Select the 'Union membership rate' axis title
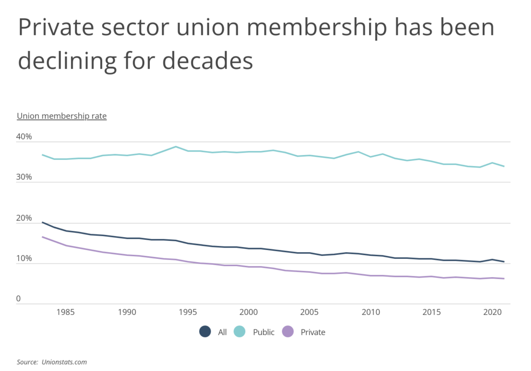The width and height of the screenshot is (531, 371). pyautogui.click(x=62, y=116)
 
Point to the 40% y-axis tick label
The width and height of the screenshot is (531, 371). pyautogui.click(x=24, y=137)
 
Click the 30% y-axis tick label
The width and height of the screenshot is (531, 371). pyautogui.click(x=24, y=177)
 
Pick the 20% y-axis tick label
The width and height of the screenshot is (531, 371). pyautogui.click(x=24, y=218)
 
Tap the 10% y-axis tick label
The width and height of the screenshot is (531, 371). pyautogui.click(x=24, y=258)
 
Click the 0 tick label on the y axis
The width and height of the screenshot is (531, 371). pyautogui.click(x=19, y=299)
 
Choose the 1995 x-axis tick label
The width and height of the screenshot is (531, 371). pyautogui.click(x=189, y=313)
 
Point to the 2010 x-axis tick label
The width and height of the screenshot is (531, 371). pyautogui.click(x=370, y=313)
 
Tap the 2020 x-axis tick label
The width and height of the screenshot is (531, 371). pyautogui.click(x=492, y=313)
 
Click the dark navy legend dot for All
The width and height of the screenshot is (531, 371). pyautogui.click(x=205, y=332)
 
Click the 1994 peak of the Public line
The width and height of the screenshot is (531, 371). pyautogui.click(x=176, y=147)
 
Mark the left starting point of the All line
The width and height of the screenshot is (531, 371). pyautogui.click(x=43, y=222)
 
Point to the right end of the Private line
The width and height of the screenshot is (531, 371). pyautogui.click(x=504, y=279)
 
